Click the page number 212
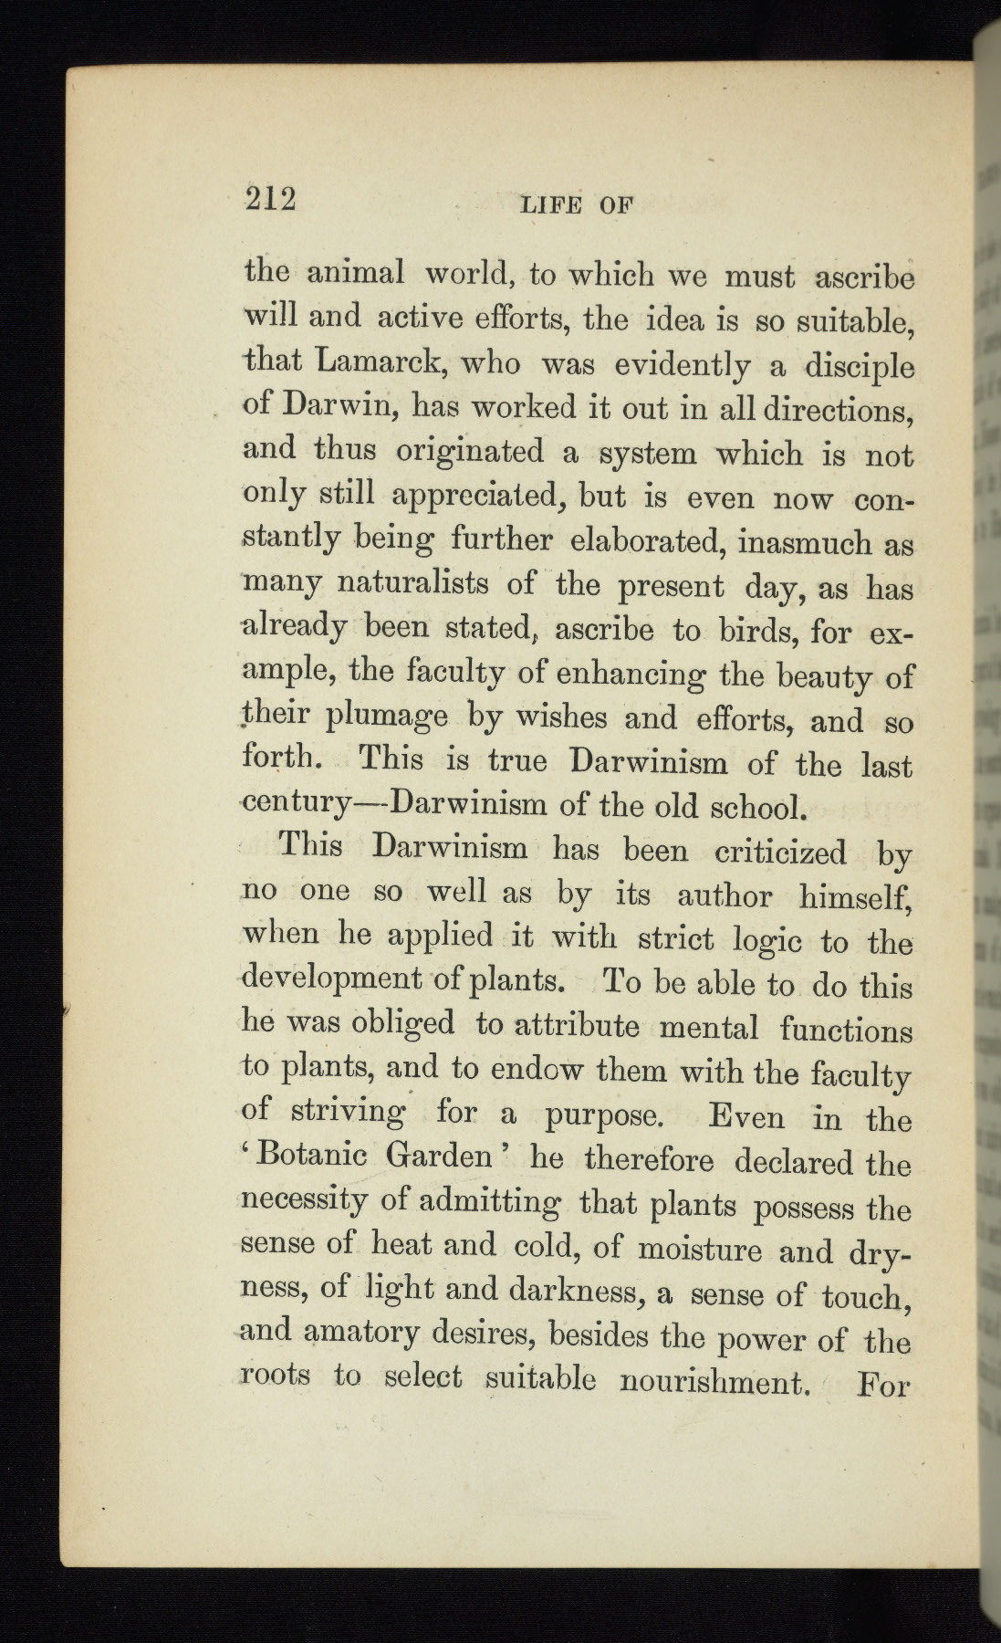pyautogui.click(x=271, y=198)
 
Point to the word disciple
pyautogui.click(x=860, y=367)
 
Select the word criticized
pyautogui.click(x=780, y=853)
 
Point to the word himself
pyautogui.click(x=855, y=896)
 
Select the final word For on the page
pyautogui.click(x=884, y=1386)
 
